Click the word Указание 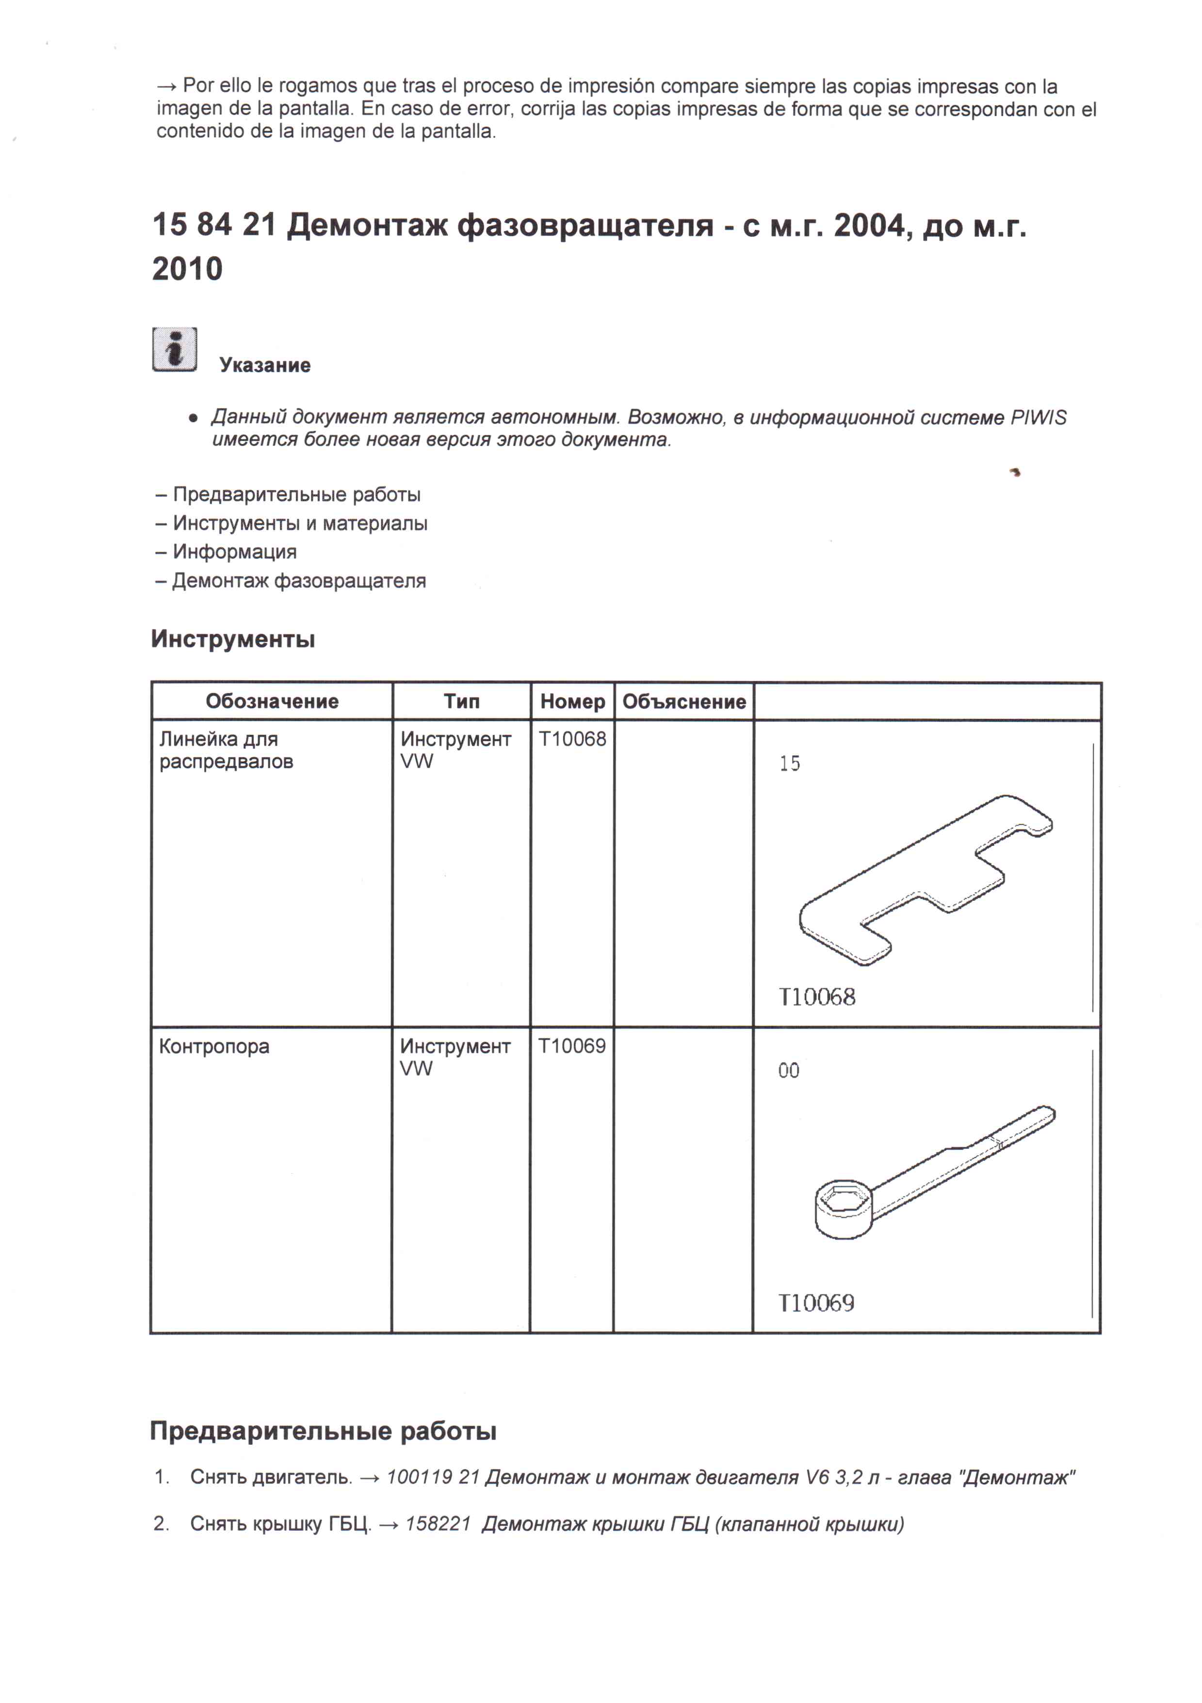point(265,365)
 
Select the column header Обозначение point(272,702)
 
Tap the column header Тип point(461,702)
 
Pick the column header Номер point(572,702)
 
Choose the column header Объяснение point(683,702)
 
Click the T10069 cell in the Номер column point(572,1046)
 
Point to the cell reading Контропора point(214,1046)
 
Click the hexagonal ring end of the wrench point(844,1208)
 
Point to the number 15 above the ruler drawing point(790,763)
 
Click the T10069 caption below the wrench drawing point(816,1303)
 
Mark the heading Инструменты point(233,639)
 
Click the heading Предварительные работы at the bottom point(324,1431)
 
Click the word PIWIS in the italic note point(1038,417)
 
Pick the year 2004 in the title point(871,226)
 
